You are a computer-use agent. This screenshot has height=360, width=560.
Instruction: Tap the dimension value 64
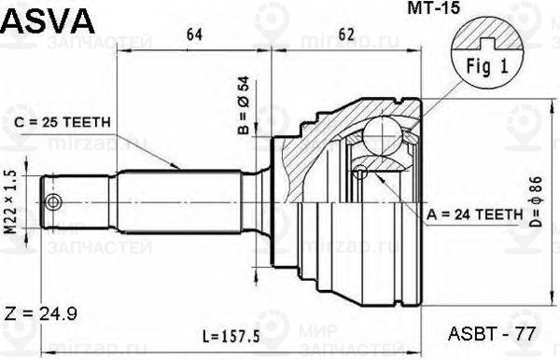[194, 36]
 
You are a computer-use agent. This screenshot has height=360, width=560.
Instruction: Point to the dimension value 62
[346, 36]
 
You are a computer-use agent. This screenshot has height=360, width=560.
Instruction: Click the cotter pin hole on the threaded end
[53, 202]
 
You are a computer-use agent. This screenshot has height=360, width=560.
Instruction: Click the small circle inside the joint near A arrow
[361, 171]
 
